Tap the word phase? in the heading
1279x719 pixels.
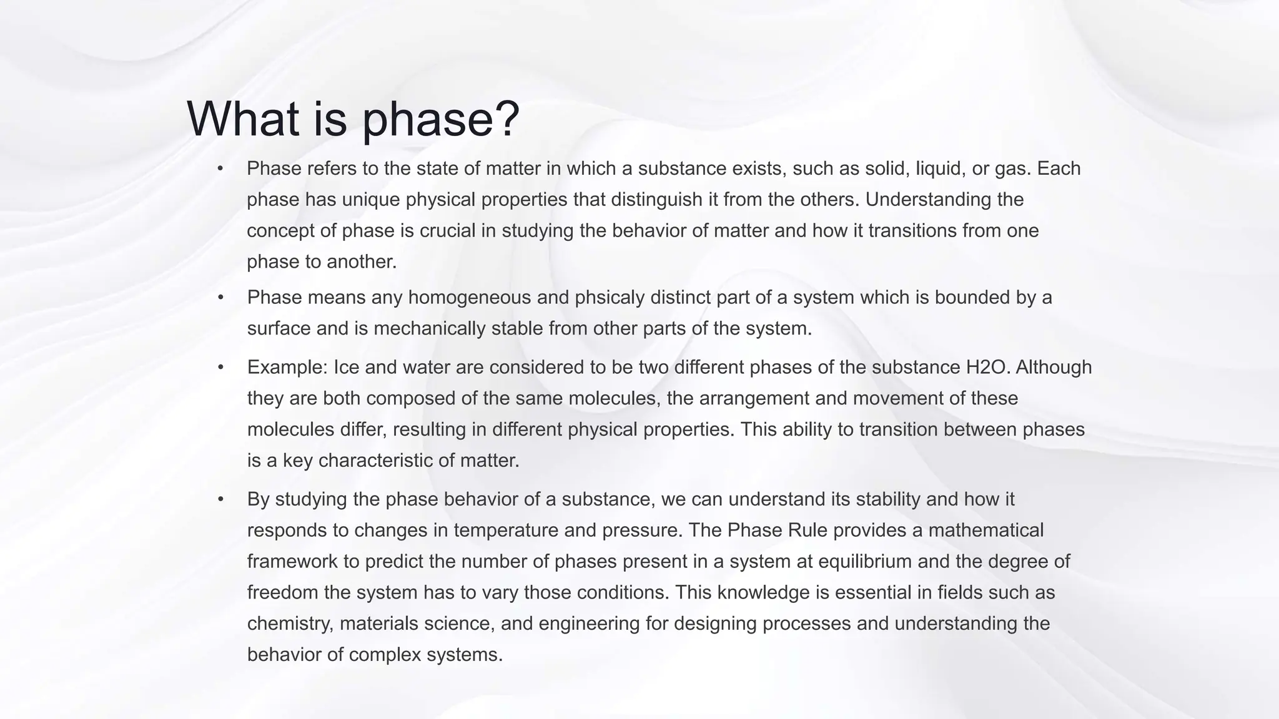(441, 120)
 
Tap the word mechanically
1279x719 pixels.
(430, 329)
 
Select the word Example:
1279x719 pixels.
(287, 367)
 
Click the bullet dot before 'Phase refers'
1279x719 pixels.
(220, 169)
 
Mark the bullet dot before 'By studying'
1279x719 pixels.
(220, 499)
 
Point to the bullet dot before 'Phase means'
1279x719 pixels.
(220, 298)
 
